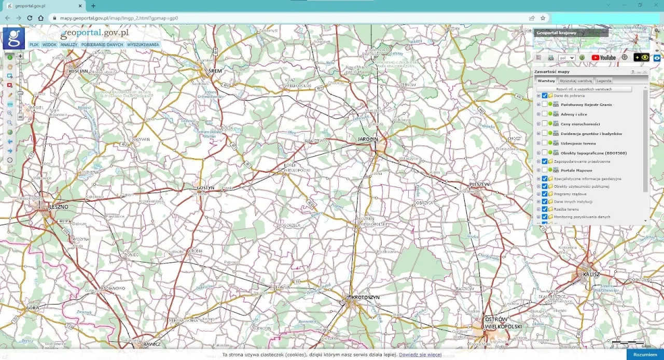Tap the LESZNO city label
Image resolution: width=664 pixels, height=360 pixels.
[58, 207]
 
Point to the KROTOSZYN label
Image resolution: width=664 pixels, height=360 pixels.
[365, 297]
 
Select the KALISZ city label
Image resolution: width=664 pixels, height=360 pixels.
[591, 274]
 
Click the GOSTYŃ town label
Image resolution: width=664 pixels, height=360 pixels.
[205, 188]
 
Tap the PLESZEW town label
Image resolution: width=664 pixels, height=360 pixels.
[479, 184]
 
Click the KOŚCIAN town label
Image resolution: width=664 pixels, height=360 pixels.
[78, 71]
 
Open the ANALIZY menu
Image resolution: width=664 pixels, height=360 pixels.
[68, 45]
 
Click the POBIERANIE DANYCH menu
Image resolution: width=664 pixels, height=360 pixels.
[102, 45]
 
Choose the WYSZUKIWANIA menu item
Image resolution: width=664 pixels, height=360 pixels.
[143, 45]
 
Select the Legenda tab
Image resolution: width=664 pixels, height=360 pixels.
[603, 81]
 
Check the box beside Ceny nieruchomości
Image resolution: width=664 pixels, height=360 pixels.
[544, 123]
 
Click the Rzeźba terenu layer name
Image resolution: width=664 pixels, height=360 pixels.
[566, 209]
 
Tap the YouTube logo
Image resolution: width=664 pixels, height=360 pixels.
[603, 58]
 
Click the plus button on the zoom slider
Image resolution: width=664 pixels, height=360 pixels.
[20, 56]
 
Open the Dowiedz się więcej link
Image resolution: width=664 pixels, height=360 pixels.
[420, 355]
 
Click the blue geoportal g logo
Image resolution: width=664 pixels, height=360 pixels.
[13, 38]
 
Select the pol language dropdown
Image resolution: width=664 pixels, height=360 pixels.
[566, 58]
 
